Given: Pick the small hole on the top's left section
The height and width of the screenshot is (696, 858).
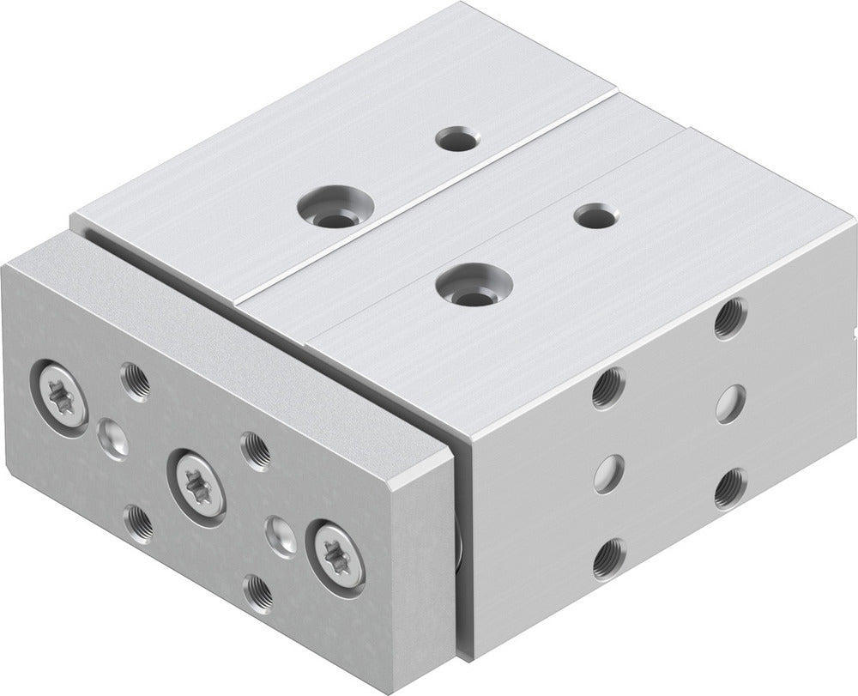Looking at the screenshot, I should point(457,138).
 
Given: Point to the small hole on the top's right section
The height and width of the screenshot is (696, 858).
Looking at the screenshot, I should point(595,215).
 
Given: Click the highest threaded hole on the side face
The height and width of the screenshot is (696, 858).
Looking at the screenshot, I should point(730,318).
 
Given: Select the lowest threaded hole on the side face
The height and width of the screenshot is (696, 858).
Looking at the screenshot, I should point(608,558).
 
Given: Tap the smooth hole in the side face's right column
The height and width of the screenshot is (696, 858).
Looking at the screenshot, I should point(730,402).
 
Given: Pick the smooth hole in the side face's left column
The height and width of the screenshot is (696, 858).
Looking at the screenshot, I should point(608,473).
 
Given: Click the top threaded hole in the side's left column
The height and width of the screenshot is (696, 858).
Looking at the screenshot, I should point(608,388).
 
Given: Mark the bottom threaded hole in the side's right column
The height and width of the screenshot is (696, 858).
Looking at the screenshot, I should point(730,487).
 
